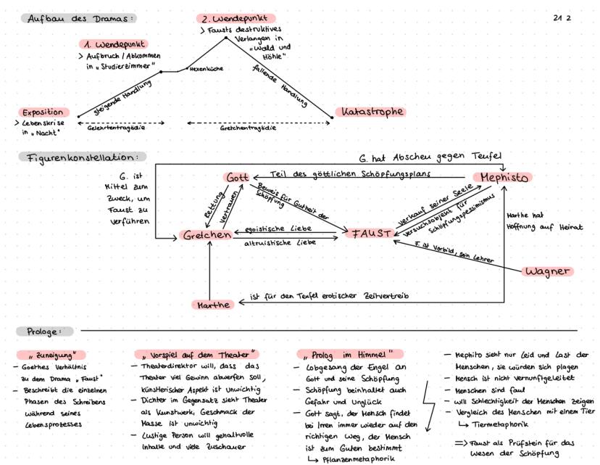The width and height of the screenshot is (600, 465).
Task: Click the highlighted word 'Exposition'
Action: click(x=43, y=113)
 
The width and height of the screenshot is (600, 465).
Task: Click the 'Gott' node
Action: click(x=237, y=178)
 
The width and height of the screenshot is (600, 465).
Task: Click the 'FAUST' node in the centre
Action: click(x=371, y=234)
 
